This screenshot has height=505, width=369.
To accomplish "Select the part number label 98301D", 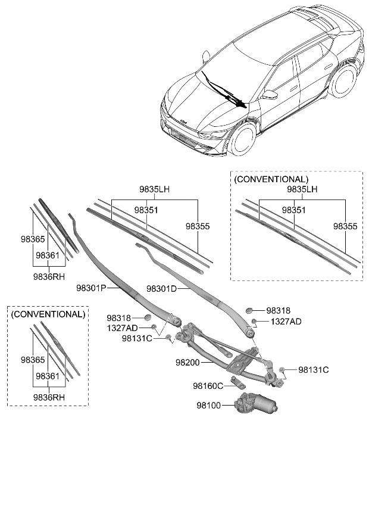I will point(162,290).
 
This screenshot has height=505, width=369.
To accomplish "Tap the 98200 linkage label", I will point(189,362).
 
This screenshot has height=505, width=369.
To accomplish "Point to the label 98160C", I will point(208,386).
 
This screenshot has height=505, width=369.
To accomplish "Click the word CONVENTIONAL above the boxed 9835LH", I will point(272,179).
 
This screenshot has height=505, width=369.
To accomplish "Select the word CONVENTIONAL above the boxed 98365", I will point(48,314).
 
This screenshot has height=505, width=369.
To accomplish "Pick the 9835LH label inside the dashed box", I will point(302,189).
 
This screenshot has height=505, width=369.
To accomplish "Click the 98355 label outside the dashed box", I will point(198,226).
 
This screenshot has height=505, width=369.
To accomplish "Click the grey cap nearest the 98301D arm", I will point(249,310).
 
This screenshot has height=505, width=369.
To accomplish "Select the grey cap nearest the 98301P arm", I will point(148,317).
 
